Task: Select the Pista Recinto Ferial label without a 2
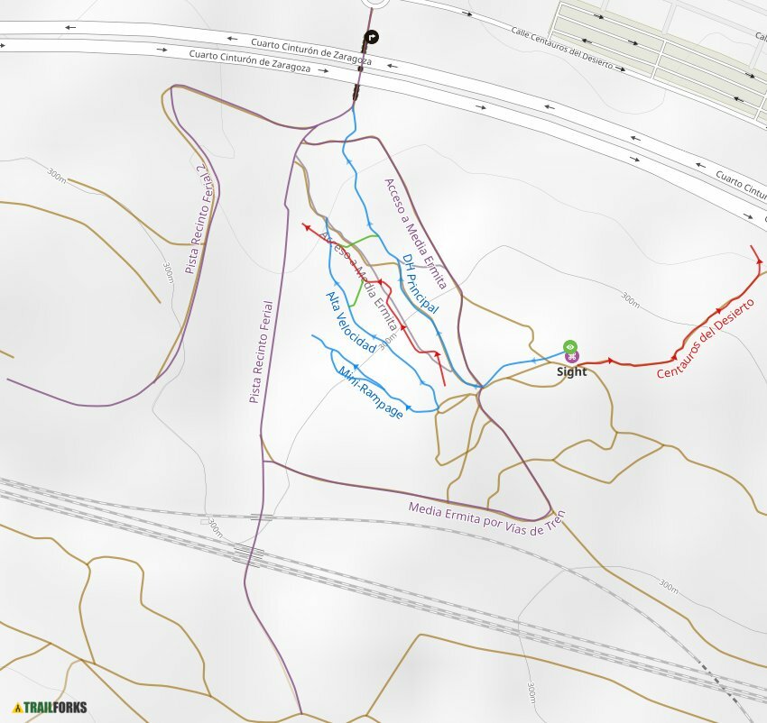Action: pyautogui.click(x=261, y=352)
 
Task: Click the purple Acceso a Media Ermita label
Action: pyautogui.click(x=414, y=233)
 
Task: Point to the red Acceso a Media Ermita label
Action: pyautogui.click(x=360, y=279)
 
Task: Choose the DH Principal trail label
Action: pyautogui.click(x=420, y=284)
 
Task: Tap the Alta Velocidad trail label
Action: pyautogui.click(x=350, y=323)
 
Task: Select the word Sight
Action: pyautogui.click(x=571, y=371)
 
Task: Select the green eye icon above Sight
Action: pyautogui.click(x=570, y=346)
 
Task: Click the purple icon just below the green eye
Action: pyautogui.click(x=571, y=358)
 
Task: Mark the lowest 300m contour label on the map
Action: pyautogui.click(x=531, y=692)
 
